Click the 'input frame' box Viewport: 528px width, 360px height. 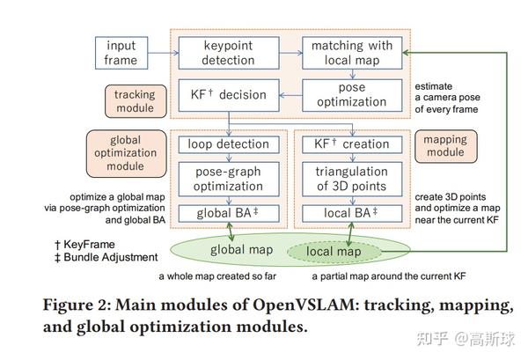coord(121,53)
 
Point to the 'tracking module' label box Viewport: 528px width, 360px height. coord(134,101)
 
